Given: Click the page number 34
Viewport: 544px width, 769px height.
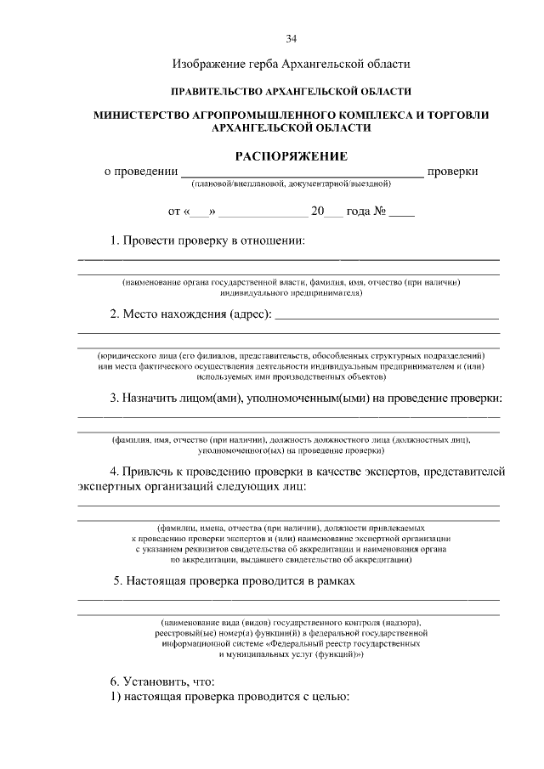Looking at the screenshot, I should tap(291, 38).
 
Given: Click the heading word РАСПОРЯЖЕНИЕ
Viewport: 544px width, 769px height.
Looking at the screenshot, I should tap(292, 155).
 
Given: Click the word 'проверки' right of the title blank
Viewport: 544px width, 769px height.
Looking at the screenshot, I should tap(452, 172).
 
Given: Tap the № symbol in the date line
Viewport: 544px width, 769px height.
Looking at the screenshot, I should tap(380, 212).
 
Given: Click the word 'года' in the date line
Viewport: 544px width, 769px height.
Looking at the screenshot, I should tap(356, 212).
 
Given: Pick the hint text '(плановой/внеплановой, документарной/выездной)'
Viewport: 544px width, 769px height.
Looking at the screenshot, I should tap(291, 184).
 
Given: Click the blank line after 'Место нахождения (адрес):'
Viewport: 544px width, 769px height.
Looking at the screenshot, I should tap(387, 316).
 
